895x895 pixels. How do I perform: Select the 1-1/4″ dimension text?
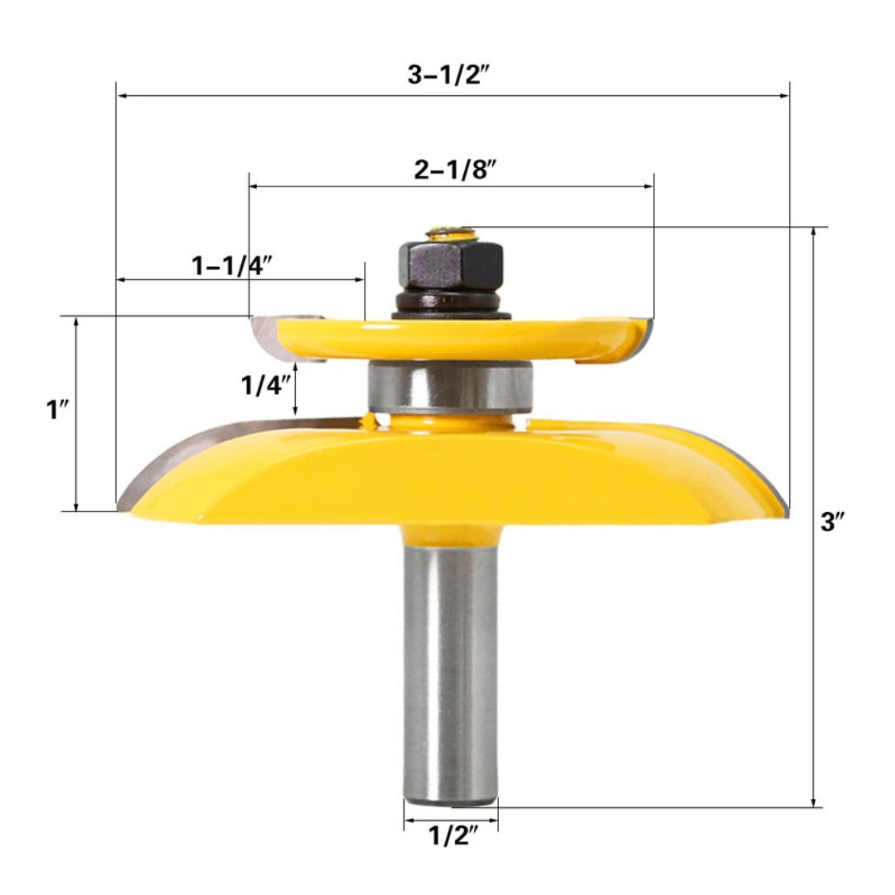point(232,265)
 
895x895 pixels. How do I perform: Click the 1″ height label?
point(57,410)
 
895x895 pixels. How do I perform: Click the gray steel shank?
point(450,663)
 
